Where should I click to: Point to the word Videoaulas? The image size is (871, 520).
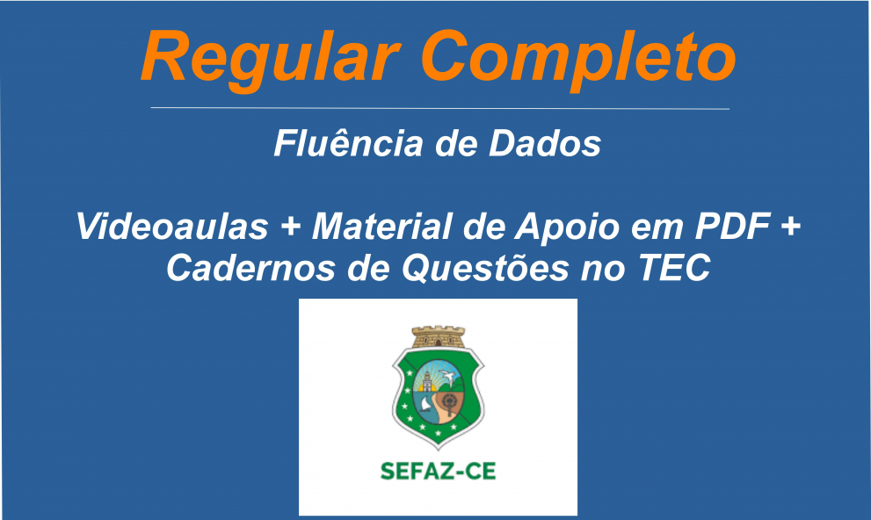[x=172, y=227]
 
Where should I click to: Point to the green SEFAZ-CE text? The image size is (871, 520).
[x=438, y=471]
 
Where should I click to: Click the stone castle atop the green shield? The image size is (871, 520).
[x=438, y=336]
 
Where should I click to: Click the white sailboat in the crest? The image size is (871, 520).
[x=425, y=405]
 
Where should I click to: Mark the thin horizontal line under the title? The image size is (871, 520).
[x=439, y=108]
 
